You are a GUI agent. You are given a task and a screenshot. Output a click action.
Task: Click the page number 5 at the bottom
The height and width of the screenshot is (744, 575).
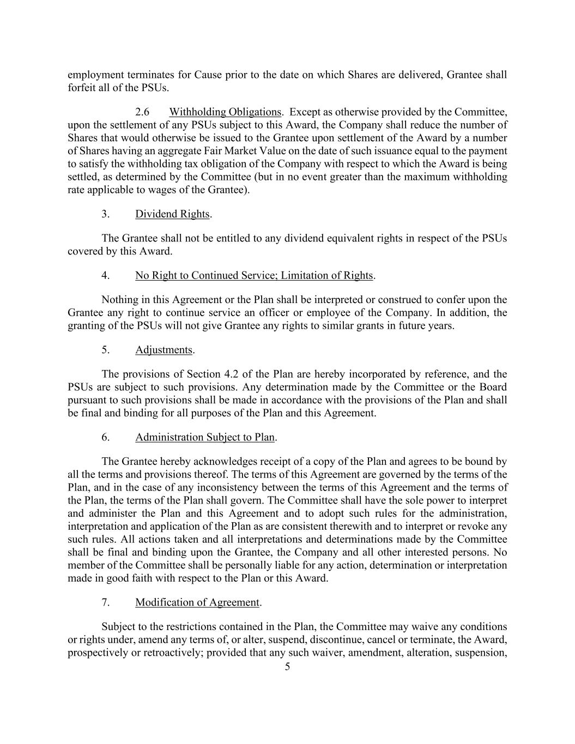(x=287, y=667)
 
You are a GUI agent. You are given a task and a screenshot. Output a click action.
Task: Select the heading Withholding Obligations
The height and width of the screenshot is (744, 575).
(x=225, y=112)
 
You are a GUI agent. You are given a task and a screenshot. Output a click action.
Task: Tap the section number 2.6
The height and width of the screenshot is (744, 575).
(x=142, y=112)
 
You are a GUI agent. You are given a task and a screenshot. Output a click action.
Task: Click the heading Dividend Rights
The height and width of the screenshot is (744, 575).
(x=172, y=214)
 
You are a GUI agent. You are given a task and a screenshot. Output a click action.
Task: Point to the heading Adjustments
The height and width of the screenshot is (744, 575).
(x=164, y=350)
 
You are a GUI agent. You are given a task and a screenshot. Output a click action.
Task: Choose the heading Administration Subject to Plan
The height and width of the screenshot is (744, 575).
(x=205, y=437)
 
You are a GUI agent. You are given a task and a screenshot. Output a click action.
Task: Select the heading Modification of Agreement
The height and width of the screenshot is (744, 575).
(x=197, y=602)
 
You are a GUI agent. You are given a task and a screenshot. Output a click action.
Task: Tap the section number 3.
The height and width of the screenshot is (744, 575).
(x=105, y=214)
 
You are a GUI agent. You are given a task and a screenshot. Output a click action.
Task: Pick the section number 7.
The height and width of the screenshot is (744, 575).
(x=105, y=602)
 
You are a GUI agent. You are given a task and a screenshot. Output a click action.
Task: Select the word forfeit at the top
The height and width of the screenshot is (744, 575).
(x=81, y=88)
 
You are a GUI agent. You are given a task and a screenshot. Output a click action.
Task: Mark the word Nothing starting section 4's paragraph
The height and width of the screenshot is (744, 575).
(x=119, y=300)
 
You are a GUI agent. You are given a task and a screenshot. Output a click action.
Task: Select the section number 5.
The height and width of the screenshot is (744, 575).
(x=105, y=350)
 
